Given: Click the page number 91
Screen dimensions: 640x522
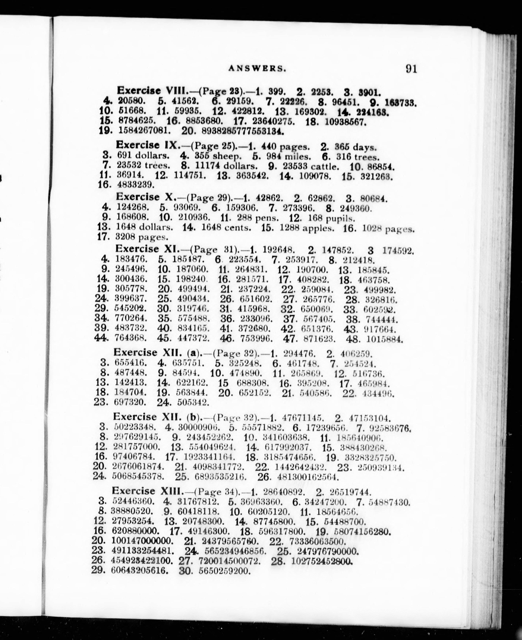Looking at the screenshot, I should point(411,69).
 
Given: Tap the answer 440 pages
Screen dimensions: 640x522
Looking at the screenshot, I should point(285,147).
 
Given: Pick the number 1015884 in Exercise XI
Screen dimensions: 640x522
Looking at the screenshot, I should point(384,340).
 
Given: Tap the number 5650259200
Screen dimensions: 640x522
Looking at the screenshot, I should point(225,570).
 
